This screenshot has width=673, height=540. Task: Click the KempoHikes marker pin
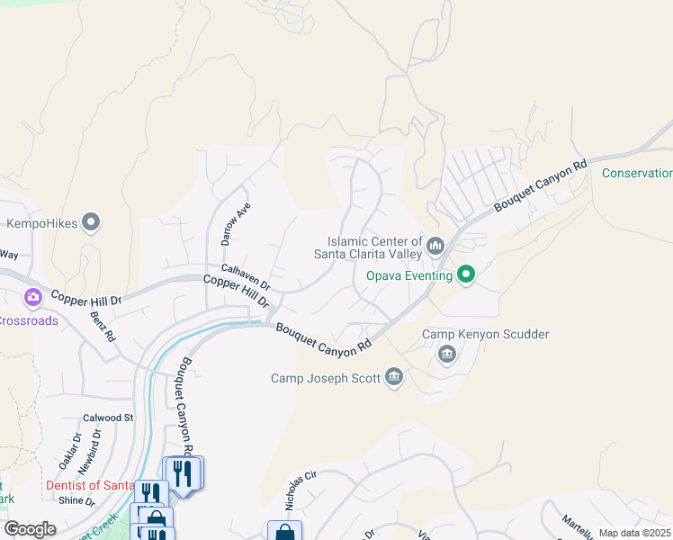point(91,221)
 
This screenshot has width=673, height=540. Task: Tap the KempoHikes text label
point(40,222)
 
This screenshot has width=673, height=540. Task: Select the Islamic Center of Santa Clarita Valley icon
point(435,245)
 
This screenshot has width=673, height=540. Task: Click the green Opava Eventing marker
point(466,274)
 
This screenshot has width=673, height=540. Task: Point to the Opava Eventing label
point(408,274)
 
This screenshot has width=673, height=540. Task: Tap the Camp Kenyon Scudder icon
point(447,355)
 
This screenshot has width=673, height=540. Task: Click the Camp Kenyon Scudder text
point(486,335)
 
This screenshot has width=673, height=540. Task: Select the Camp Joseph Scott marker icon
point(393,377)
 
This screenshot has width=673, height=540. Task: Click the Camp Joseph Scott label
point(325,378)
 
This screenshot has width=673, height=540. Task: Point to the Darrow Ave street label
point(236,225)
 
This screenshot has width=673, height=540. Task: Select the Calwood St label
point(108,418)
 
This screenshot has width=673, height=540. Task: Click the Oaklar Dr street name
point(70,451)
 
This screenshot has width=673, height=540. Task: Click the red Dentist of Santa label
point(90,486)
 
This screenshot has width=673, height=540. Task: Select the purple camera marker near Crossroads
point(33,296)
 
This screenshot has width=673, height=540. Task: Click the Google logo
point(31,528)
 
